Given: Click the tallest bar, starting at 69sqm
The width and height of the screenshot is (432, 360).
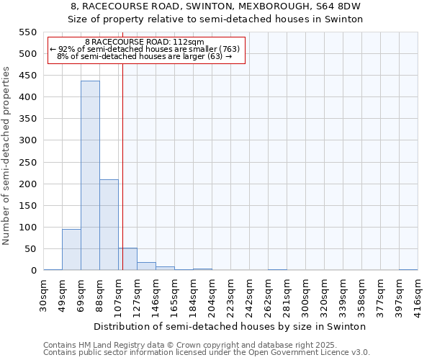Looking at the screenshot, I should tap(90, 176).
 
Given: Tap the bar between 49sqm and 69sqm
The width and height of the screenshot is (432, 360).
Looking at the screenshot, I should tap(71, 250).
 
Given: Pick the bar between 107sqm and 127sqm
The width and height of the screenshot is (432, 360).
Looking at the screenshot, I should tap(127, 259).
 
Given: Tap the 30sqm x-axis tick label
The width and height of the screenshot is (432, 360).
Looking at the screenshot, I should tap(44, 292).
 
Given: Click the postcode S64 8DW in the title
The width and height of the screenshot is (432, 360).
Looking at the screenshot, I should tap(341, 6).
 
